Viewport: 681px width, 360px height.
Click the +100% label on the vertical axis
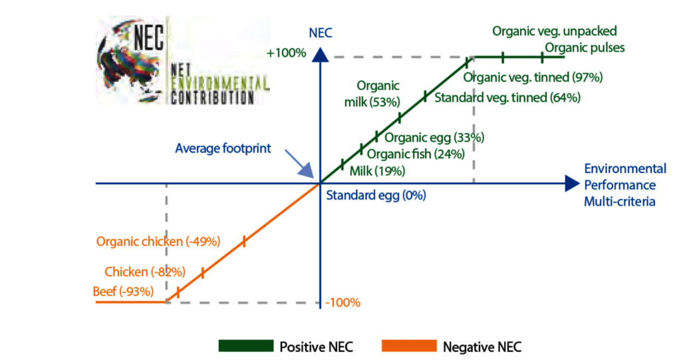(286, 53)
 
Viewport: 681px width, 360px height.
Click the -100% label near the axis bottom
(342, 303)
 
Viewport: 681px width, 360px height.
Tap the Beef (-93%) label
(124, 291)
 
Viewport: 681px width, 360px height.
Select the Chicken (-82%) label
(144, 271)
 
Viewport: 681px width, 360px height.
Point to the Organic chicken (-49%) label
(158, 241)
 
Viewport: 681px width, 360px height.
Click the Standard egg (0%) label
(376, 196)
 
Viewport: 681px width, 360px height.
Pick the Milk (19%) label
(377, 171)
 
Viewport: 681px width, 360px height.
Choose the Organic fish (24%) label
(407, 154)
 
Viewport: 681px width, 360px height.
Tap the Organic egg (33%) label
(434, 138)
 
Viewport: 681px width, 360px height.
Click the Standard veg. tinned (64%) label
(507, 98)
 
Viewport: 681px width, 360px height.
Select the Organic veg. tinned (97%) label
(533, 77)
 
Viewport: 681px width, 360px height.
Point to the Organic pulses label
(585, 48)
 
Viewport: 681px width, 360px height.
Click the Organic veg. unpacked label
(555, 31)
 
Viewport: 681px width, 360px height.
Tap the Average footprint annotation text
(223, 148)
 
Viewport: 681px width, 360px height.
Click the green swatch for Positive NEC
(246, 346)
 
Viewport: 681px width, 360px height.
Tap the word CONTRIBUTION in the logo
(212, 98)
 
